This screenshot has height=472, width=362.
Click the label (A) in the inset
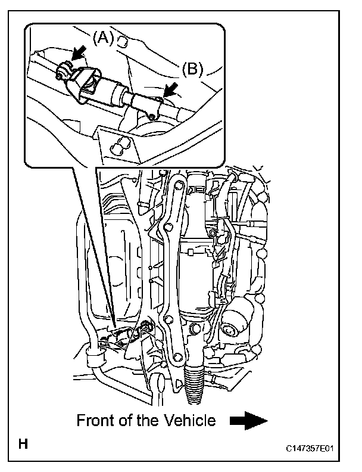pos(102,38)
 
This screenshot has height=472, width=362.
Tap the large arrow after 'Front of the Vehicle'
pos(247,421)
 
